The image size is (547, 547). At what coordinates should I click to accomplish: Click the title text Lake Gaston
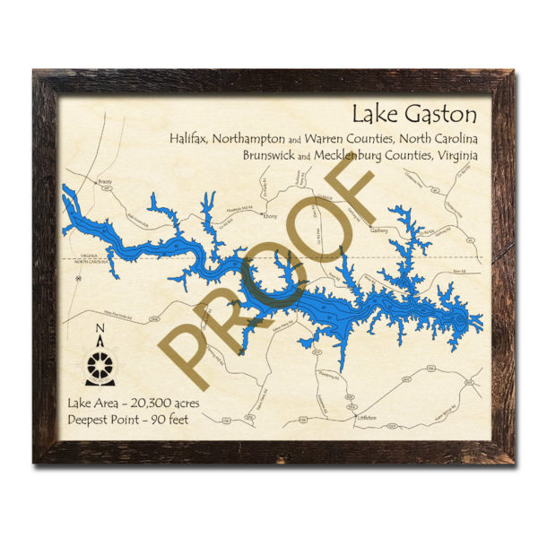[x=414, y=117]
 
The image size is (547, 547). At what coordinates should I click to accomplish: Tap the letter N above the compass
[x=100, y=327]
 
